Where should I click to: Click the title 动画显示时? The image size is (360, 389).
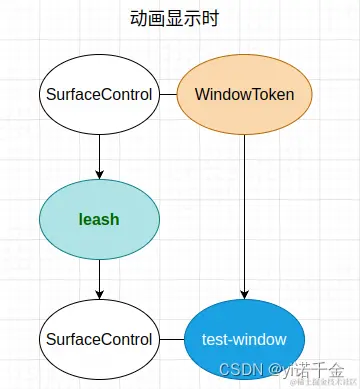pyautogui.click(x=174, y=19)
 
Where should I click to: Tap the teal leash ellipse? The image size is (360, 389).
pyautogui.click(x=99, y=217)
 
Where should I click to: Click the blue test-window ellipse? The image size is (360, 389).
pyautogui.click(x=244, y=339)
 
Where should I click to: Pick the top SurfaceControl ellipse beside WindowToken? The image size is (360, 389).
pyautogui.click(x=99, y=95)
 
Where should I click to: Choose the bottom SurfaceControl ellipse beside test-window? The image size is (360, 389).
pyautogui.click(x=99, y=339)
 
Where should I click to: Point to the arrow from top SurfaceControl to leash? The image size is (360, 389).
pyautogui.click(x=99, y=155)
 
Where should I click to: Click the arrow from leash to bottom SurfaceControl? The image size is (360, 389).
pyautogui.click(x=99, y=277)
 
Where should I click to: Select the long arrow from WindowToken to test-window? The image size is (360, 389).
pyautogui.click(x=245, y=210)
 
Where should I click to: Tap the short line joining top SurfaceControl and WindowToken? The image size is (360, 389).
pyautogui.click(x=168, y=95)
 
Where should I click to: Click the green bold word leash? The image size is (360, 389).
pyautogui.click(x=99, y=217)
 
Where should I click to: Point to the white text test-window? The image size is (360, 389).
pyautogui.click(x=244, y=339)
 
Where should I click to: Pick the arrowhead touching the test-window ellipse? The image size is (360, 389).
pyautogui.click(x=245, y=294)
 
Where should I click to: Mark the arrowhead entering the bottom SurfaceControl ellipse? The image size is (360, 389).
pyautogui.click(x=99, y=294)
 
